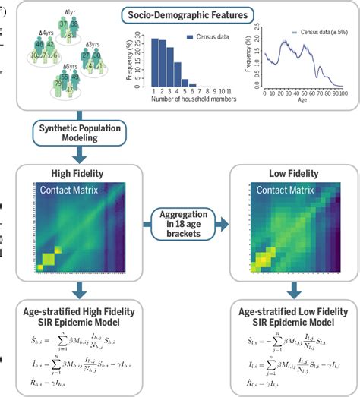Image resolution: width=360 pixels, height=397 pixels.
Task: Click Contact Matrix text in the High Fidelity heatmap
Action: pyautogui.click(x=72, y=193)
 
